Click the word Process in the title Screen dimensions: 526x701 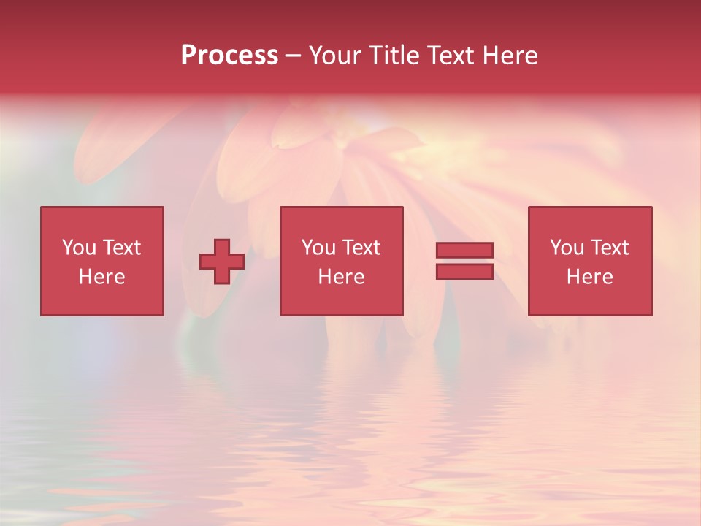(x=229, y=56)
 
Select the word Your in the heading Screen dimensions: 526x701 (x=335, y=56)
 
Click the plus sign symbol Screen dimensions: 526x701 (x=222, y=261)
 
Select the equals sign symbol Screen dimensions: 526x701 (x=464, y=261)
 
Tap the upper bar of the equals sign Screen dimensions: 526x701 (x=464, y=250)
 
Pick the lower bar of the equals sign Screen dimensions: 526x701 (x=464, y=271)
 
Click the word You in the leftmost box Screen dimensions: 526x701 (x=79, y=248)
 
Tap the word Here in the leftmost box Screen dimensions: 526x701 (x=101, y=277)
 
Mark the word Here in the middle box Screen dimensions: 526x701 (x=341, y=277)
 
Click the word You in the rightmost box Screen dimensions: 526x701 (x=567, y=248)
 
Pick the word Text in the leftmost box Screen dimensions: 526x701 (x=123, y=248)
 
